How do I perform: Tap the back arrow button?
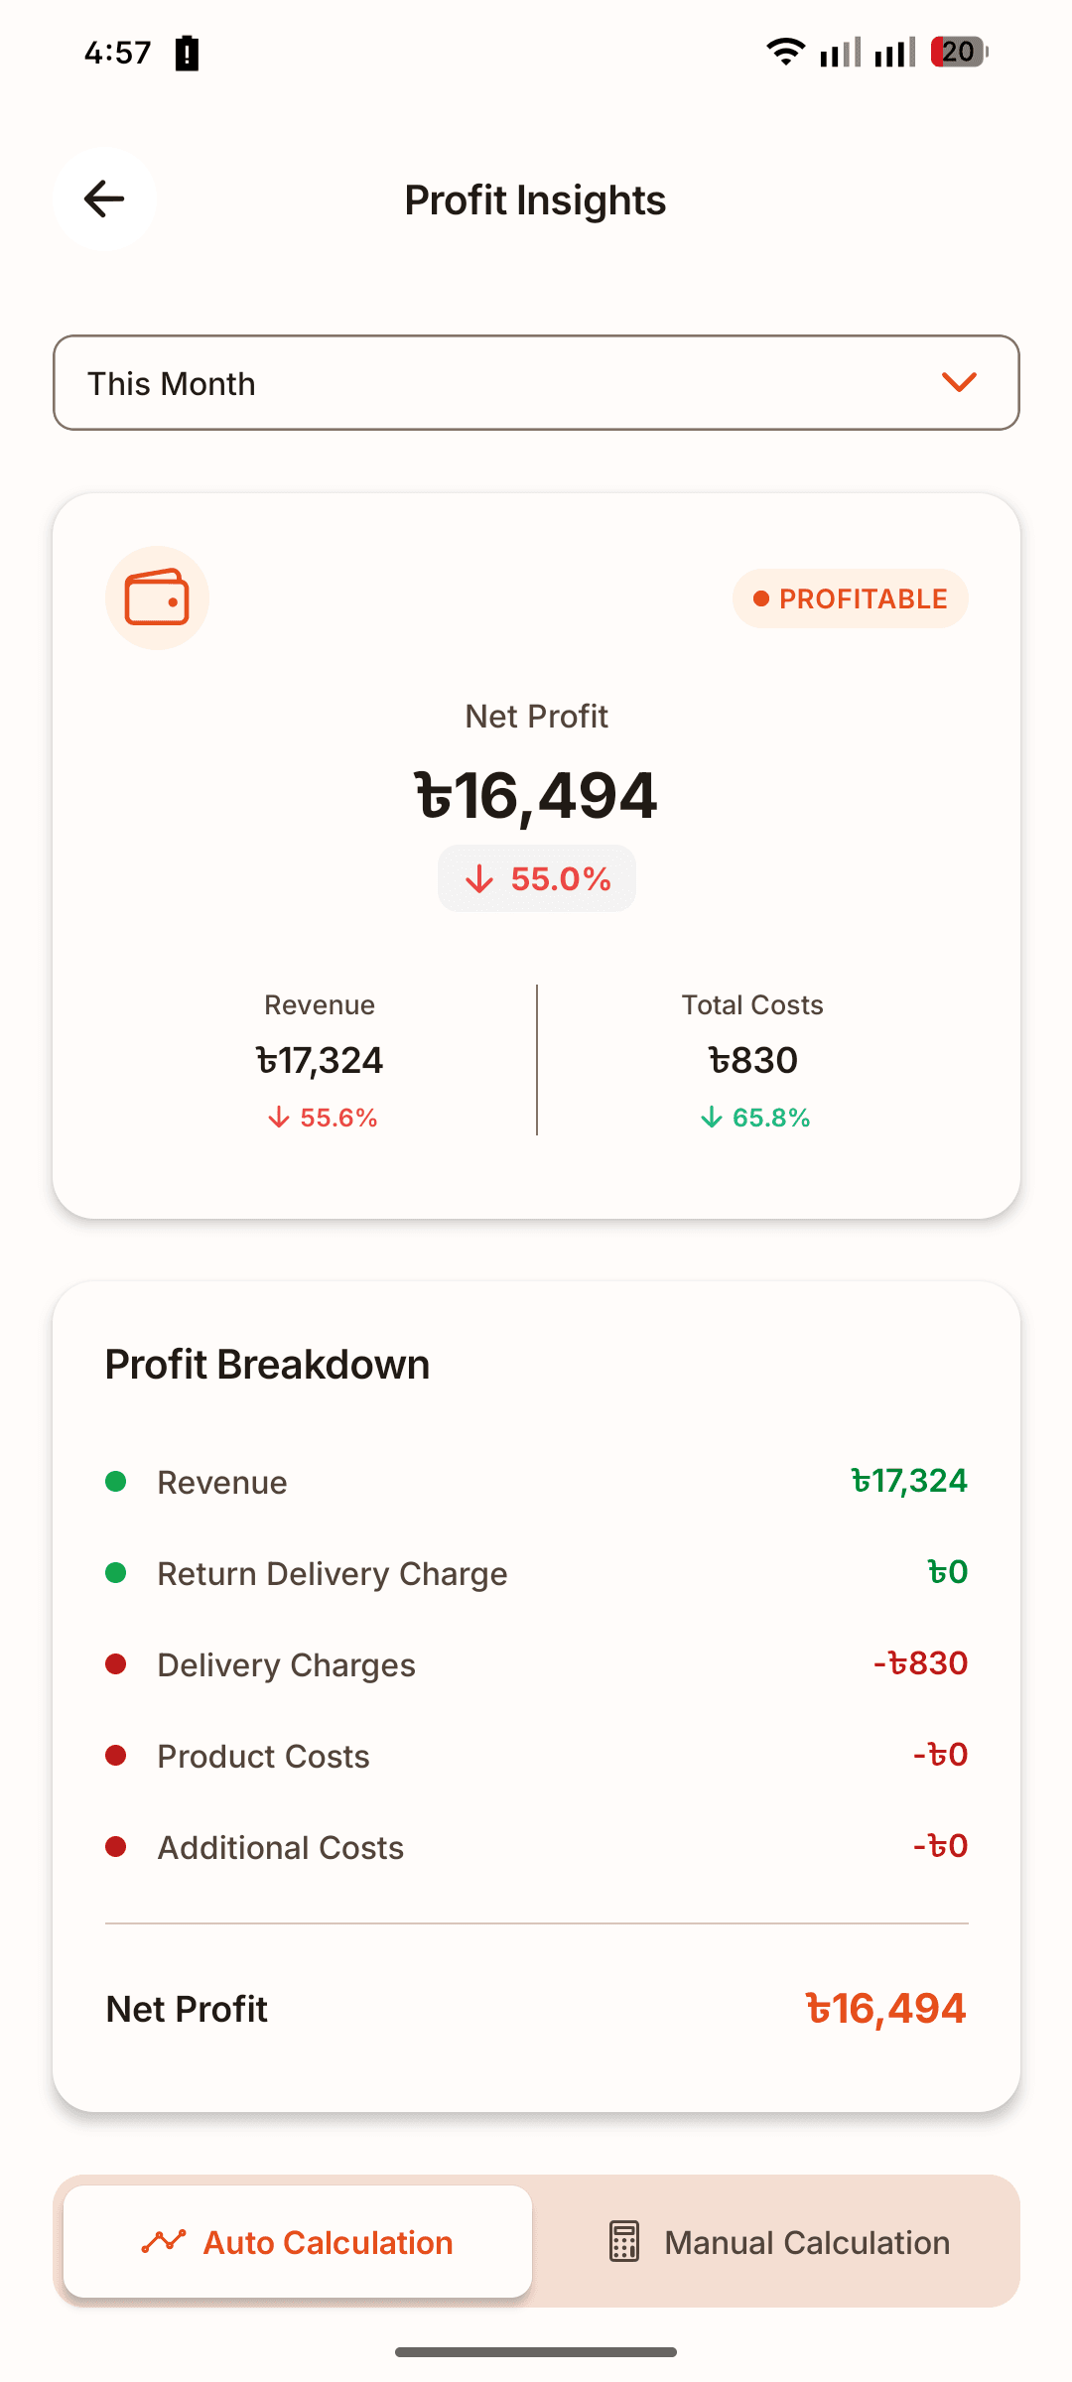coord(104,199)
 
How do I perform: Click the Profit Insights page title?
coord(535,200)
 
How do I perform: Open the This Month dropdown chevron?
coord(959,382)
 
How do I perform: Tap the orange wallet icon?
coord(157,597)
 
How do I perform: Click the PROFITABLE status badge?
coord(851,598)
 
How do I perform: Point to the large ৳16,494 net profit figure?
coord(536,796)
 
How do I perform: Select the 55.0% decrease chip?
coord(537,878)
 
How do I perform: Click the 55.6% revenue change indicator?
coord(322,1118)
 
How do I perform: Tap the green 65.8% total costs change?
coord(754,1118)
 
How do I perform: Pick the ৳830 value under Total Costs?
coord(752,1060)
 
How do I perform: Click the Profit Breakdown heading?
coord(267,1365)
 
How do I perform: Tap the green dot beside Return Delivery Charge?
coord(116,1573)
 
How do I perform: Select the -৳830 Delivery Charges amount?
coord(920,1663)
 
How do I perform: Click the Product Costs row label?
coord(263,1757)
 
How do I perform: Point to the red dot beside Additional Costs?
coord(116,1847)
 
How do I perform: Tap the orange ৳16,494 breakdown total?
coord(885,2009)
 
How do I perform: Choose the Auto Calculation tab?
coord(298,2242)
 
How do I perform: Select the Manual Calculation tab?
coord(778,2242)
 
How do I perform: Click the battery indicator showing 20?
coord(958,52)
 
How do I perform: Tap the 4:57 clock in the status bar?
coord(118,53)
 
